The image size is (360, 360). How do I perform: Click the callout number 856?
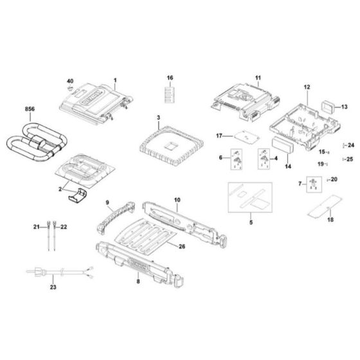(29, 111)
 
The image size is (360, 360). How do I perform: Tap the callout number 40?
(71, 81)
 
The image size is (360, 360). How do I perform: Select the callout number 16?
(170, 78)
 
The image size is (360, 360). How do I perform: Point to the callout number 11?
(258, 78)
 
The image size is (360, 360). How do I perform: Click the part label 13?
(344, 107)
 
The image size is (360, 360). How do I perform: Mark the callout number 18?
(330, 220)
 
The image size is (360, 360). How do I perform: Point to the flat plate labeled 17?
(243, 136)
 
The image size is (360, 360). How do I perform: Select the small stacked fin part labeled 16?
(170, 94)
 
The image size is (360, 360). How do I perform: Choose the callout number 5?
(251, 222)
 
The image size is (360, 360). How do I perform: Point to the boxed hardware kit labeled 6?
(235, 159)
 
